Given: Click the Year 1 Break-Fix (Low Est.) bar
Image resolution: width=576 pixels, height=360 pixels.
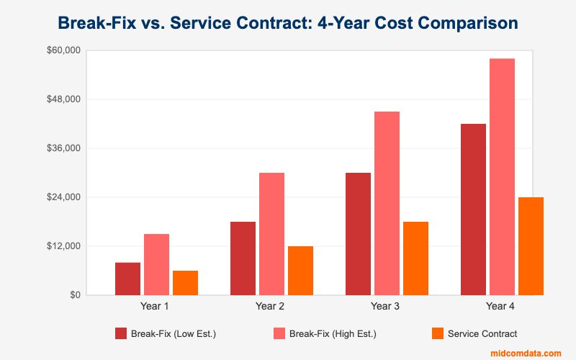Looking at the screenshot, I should pos(127,279).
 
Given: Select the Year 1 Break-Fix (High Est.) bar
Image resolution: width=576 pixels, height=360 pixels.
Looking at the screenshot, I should pos(156,264).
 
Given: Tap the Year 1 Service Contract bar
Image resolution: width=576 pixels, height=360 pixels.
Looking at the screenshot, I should pos(185,283).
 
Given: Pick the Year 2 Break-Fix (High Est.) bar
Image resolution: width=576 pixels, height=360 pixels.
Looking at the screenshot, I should pos(271,234).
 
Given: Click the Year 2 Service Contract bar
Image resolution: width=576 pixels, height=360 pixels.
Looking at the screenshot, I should pos(300,271).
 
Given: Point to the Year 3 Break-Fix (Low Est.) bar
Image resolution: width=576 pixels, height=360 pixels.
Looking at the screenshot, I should pos(358,234).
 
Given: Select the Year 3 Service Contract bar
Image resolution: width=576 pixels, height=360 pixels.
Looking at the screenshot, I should pos(415,258).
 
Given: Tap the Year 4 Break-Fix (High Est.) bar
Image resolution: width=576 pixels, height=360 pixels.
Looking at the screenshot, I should pos(502,176).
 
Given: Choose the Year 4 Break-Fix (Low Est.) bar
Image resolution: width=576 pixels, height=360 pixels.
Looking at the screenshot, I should pos(473,210).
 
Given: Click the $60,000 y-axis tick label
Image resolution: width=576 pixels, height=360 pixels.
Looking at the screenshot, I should pos(64,50).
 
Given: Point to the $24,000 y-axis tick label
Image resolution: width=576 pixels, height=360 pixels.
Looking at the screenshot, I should pos(64,197).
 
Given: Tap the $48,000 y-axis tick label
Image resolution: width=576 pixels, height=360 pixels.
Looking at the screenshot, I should pos(64,99).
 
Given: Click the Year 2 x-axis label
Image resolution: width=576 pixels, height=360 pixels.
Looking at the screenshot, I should pos(270,307).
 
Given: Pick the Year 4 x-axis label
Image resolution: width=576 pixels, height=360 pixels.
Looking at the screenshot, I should pos(500,307).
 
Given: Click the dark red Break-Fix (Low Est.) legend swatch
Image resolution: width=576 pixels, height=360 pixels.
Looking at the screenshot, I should pos(121,333).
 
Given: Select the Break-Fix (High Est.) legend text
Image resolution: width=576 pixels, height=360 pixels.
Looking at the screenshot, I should pos(333,333).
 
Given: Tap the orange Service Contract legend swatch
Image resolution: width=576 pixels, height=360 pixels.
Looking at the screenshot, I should pos(437,333).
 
